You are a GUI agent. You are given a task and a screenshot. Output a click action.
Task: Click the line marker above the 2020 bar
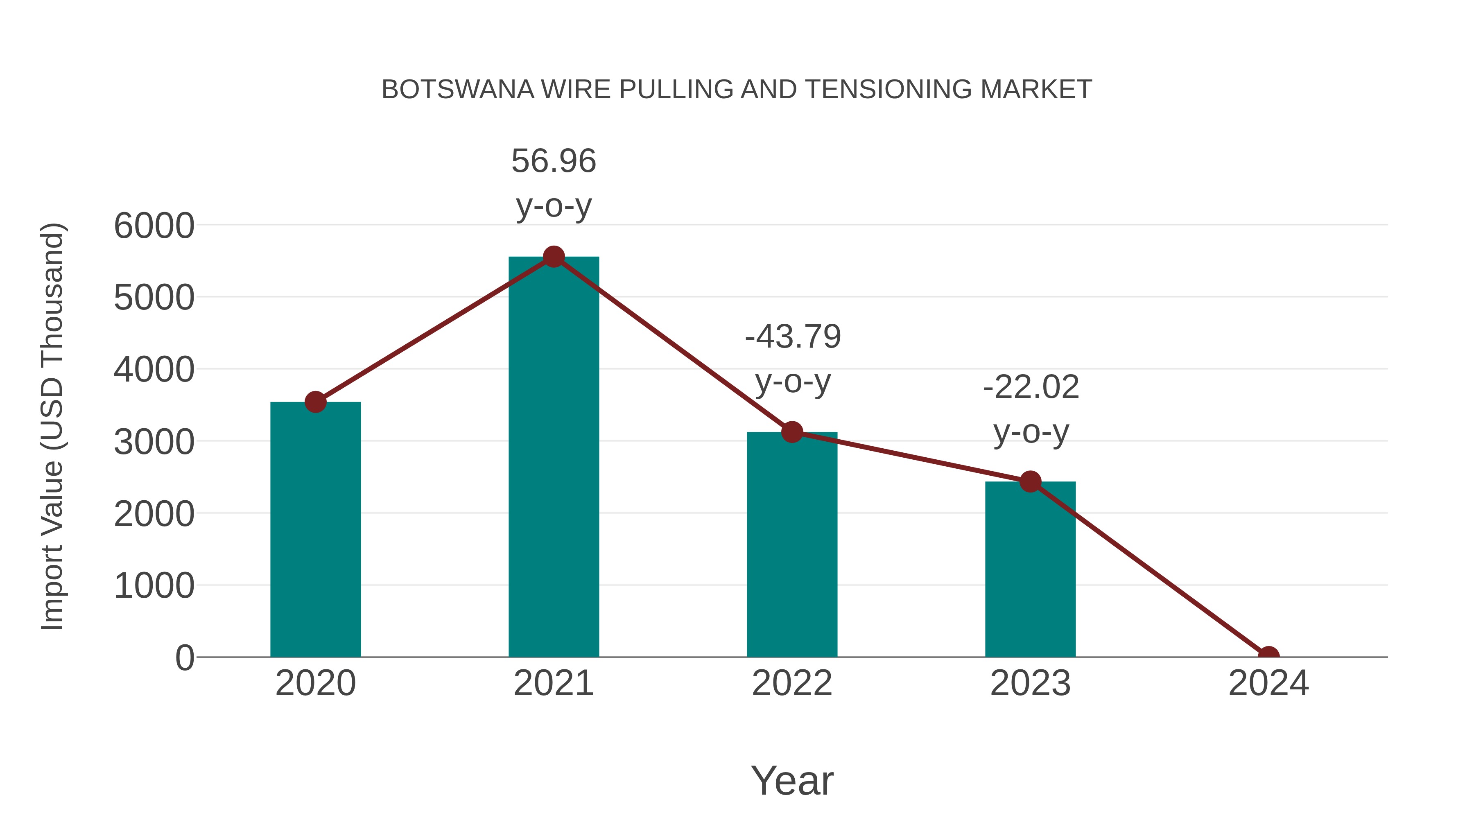[315, 402]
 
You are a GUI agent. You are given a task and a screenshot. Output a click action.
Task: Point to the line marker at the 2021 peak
[553, 257]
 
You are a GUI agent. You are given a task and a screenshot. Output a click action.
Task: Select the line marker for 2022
[792, 432]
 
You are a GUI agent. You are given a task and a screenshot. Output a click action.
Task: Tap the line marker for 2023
[1030, 482]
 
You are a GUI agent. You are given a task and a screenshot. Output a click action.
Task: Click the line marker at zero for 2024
[1268, 656]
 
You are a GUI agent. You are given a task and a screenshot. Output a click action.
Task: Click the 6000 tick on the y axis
[154, 226]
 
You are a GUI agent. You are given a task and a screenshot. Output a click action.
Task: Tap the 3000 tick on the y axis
[154, 442]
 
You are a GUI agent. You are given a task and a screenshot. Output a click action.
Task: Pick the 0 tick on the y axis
[184, 658]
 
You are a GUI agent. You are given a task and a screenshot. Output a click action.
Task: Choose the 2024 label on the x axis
[1268, 683]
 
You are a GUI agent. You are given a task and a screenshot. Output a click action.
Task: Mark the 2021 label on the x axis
[553, 683]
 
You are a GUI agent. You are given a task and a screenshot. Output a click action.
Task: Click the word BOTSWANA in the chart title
[458, 90]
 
